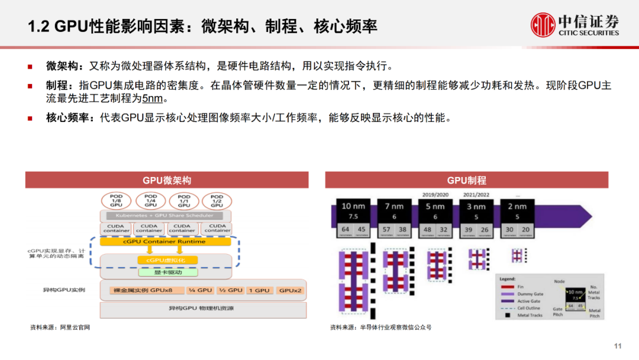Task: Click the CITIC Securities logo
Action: [575, 25]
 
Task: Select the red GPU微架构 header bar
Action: [167, 180]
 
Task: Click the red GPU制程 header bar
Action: [466, 180]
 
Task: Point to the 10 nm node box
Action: [354, 217]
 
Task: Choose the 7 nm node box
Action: [394, 217]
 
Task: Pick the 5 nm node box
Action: [435, 217]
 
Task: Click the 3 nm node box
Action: [476, 217]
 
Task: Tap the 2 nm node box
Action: [517, 217]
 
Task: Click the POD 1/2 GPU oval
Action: [217, 200]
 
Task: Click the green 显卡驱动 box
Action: [168, 272]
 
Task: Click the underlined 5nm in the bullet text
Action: [152, 98]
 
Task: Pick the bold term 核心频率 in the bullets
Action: [61, 117]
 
